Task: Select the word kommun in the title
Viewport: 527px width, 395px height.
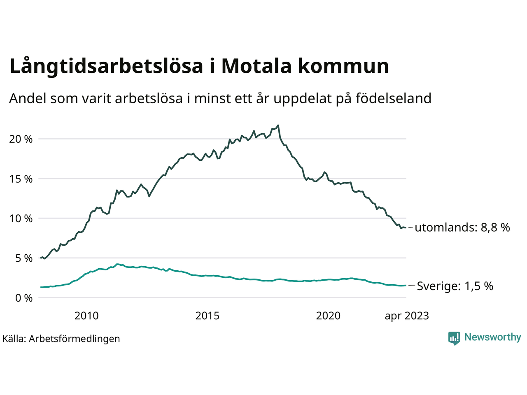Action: [343, 66]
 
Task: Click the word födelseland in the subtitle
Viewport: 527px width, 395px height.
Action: [393, 98]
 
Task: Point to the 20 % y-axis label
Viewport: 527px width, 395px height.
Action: [21, 139]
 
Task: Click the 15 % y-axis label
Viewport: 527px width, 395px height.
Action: [21, 179]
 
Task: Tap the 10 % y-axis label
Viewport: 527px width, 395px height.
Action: [21, 218]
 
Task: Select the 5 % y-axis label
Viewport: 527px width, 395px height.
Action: [23, 258]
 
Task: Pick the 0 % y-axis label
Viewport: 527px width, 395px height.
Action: [23, 298]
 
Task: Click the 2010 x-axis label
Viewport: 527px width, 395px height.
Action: [86, 316]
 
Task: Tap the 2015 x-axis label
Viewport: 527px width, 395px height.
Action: [208, 316]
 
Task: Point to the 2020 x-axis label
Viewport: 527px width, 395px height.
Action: [328, 316]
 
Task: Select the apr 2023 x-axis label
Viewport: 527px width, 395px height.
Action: [407, 316]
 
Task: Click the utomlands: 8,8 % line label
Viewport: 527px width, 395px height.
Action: [462, 228]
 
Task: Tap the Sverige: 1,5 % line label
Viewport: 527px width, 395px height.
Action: [455, 286]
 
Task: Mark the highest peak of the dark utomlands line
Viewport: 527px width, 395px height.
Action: [278, 125]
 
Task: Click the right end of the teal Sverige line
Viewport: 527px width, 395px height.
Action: [406, 285]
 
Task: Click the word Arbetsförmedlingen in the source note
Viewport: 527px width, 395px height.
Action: [75, 339]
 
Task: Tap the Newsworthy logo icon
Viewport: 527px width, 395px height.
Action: [454, 338]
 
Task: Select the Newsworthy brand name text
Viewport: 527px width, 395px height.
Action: [493, 337]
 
